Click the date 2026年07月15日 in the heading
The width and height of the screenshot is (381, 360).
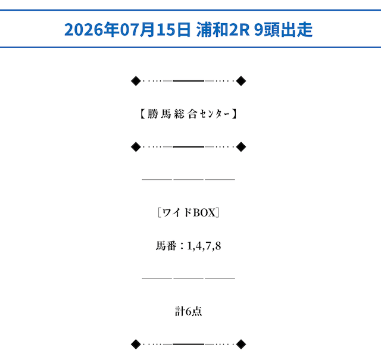click(127, 30)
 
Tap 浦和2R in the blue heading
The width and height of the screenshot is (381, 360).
click(223, 30)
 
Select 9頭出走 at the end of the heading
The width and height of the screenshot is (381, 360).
click(283, 30)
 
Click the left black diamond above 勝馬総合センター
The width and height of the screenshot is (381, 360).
click(136, 81)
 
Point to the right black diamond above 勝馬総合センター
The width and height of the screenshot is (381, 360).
click(241, 81)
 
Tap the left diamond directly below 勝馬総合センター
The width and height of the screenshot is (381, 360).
click(136, 147)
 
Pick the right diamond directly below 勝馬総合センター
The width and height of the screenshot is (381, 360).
click(241, 147)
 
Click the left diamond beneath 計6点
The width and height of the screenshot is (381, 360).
click(136, 344)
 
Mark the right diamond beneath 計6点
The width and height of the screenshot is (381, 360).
click(241, 344)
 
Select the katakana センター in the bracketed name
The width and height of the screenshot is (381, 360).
click(215, 114)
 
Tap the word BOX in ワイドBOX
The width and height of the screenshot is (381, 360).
click(204, 213)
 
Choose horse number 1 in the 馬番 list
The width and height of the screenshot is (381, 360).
click(189, 246)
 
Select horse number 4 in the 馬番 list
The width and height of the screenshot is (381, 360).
click(199, 246)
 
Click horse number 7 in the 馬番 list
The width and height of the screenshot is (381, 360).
click(208, 246)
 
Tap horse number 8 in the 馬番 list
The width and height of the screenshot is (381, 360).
click(218, 246)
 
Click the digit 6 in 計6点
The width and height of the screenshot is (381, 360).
click(188, 312)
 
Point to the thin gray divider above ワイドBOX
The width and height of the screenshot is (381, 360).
click(188, 180)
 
